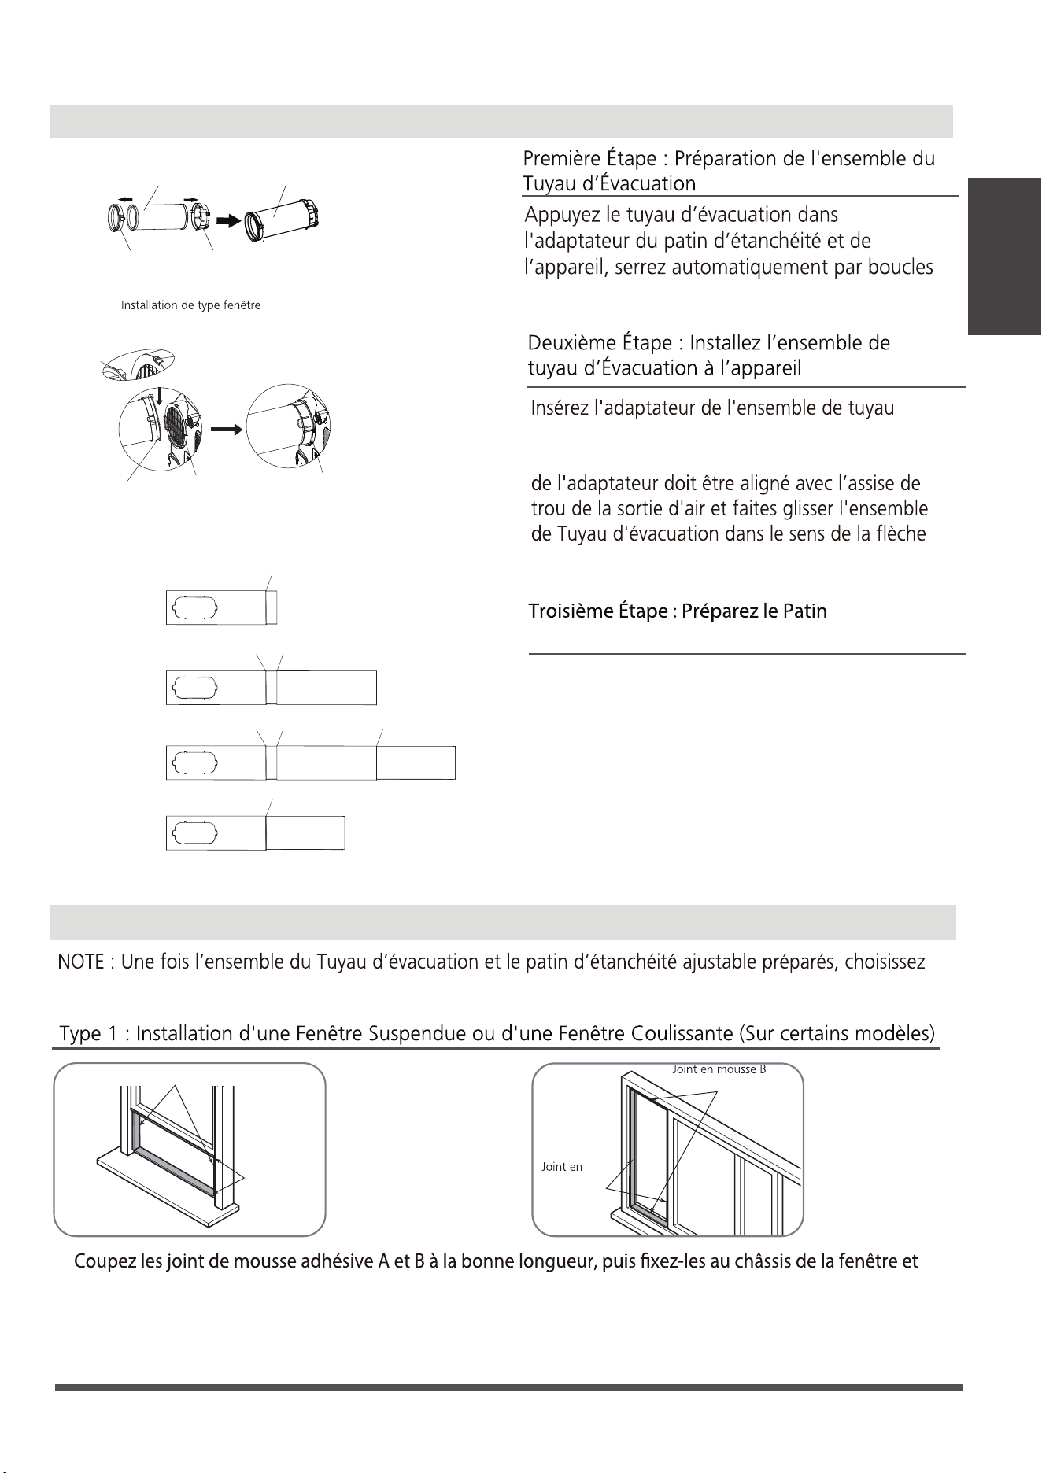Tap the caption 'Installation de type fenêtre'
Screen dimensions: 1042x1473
(190, 305)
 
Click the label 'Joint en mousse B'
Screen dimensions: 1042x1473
(719, 1069)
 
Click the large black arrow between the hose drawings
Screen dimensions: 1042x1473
(228, 222)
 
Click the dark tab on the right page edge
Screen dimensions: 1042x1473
(1005, 257)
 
